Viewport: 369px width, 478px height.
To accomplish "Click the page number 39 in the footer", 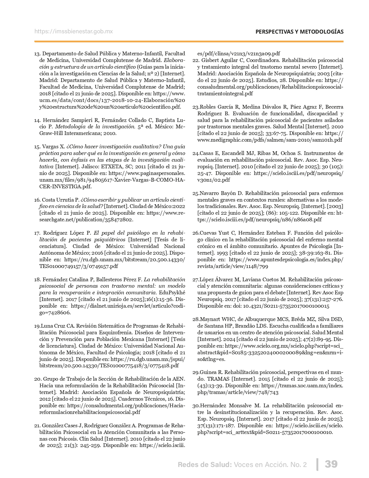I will [x=331, y=464].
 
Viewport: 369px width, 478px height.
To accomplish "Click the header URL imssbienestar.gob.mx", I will [x=74, y=32].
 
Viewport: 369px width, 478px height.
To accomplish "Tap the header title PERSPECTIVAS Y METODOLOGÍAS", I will [x=300, y=32].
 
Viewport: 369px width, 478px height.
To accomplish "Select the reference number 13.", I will [x=37, y=54].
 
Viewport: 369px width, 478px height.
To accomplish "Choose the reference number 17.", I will [x=37, y=233].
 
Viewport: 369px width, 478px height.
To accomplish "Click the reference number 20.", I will [x=37, y=379].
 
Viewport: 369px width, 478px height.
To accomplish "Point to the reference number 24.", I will [x=196, y=153].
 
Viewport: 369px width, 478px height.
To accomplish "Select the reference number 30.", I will [x=196, y=406].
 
